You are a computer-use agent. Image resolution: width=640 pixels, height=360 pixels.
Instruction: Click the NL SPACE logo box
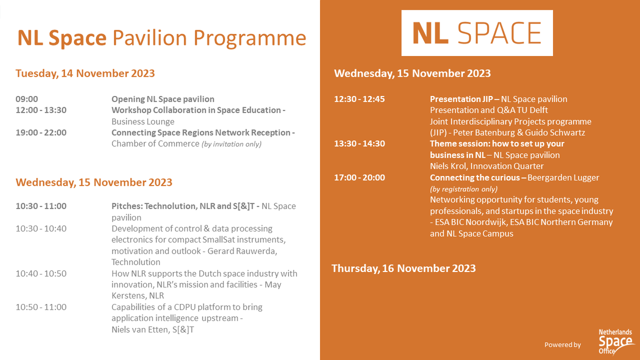(x=477, y=33)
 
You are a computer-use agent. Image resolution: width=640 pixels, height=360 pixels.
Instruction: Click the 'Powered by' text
(x=562, y=345)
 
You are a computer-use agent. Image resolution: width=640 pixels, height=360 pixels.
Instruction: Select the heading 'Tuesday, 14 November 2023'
(x=85, y=73)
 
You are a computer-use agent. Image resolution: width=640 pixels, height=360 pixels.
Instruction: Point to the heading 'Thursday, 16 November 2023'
(x=404, y=268)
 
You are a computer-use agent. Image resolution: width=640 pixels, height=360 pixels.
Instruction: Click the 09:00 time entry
(x=27, y=99)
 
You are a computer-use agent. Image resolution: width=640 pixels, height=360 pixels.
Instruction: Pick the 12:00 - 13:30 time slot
(x=41, y=110)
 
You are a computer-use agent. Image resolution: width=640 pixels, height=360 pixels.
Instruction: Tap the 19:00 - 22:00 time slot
(x=41, y=133)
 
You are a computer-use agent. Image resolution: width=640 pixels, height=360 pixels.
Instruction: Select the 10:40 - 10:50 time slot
(x=41, y=274)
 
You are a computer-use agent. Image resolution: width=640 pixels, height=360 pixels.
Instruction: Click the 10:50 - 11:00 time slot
(x=41, y=307)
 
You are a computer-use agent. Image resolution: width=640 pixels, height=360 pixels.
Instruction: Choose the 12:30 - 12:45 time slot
(x=359, y=99)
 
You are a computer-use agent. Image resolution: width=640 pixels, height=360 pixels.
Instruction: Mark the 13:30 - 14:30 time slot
(x=359, y=144)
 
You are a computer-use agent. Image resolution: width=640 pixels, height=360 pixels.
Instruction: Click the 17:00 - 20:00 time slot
(x=359, y=178)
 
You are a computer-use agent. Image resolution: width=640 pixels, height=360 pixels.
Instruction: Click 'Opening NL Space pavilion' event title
(x=163, y=99)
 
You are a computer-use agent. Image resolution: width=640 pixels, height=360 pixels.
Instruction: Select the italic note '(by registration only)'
(x=463, y=189)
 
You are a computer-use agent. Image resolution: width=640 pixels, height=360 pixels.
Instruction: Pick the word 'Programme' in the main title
(x=250, y=38)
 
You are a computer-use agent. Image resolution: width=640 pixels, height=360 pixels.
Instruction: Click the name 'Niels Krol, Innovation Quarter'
(x=487, y=166)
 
